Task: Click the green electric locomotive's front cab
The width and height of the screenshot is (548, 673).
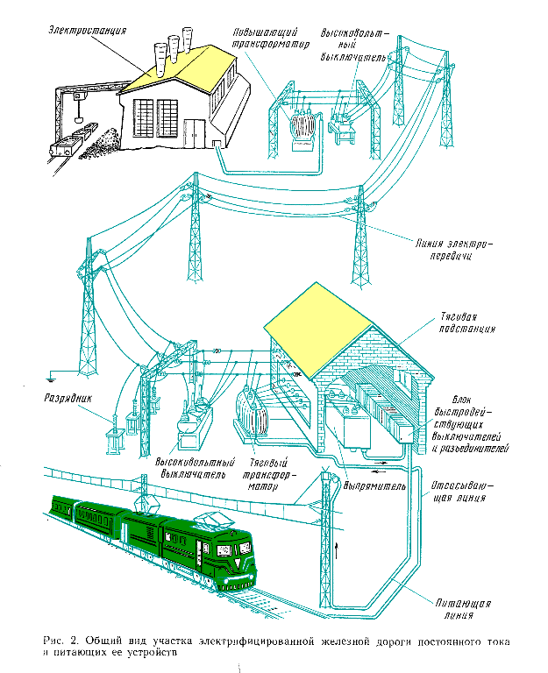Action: pos(230,552)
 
